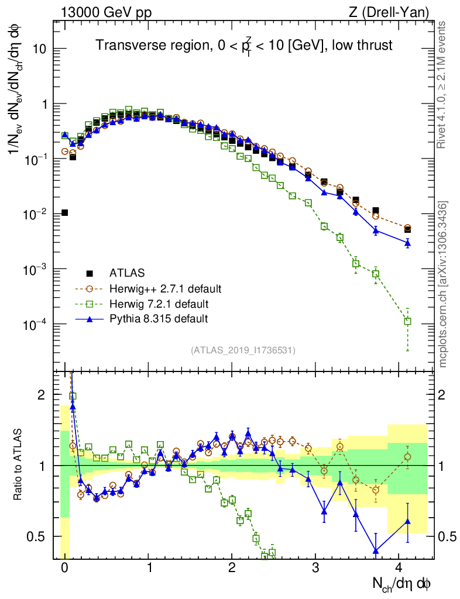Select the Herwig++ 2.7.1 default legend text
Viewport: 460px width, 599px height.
pyautogui.click(x=165, y=288)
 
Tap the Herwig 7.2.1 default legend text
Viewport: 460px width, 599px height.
pyautogui.click(x=159, y=304)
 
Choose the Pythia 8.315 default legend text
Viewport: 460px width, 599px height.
pyautogui.click(x=159, y=319)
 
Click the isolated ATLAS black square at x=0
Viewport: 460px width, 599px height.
pyautogui.click(x=64, y=212)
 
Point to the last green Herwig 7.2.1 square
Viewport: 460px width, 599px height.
pyautogui.click(x=407, y=321)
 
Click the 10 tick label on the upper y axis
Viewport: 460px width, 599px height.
pyautogui.click(x=39, y=49)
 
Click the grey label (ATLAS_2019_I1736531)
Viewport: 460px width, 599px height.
pyautogui.click(x=243, y=350)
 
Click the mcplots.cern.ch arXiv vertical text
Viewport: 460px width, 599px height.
pyautogui.click(x=443, y=284)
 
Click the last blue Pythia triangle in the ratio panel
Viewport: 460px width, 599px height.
pyautogui.click(x=407, y=521)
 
